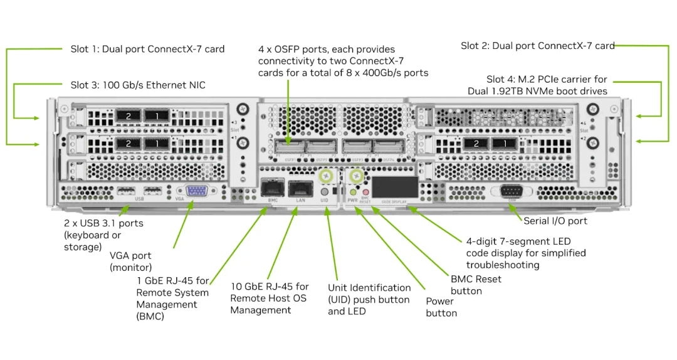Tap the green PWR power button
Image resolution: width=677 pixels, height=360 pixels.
353,192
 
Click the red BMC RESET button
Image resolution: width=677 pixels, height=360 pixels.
365,192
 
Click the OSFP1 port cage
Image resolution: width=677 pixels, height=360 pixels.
289,148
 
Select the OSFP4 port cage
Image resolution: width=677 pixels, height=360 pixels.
387,148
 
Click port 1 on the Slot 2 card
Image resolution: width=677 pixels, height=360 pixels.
500,144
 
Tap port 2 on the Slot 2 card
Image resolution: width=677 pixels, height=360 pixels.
476,144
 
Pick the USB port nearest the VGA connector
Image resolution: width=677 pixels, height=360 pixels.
152,190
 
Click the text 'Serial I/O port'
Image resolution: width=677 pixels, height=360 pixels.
555,221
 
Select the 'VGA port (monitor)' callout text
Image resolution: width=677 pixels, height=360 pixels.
130,262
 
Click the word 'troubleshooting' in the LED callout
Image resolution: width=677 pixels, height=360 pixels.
503,265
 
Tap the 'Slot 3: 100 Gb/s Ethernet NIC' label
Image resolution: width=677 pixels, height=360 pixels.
137,85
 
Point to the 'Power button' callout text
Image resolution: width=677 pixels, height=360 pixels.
441,307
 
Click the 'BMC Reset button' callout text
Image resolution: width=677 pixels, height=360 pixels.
476,285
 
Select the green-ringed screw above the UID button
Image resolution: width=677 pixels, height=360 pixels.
325,177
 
